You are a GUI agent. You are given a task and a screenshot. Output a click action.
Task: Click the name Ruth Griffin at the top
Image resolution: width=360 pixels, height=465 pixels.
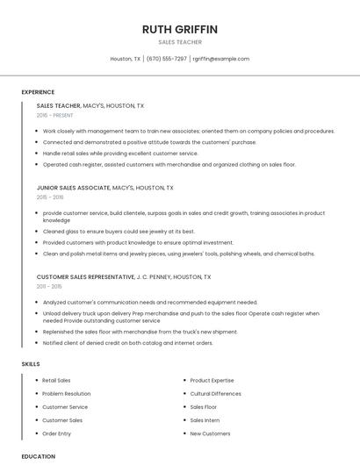pyautogui.click(x=179, y=29)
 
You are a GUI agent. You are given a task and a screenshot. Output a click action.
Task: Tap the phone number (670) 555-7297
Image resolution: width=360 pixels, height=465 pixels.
pyautogui.click(x=167, y=59)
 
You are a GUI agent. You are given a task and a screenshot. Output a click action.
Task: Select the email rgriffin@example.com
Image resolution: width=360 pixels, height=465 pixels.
pyautogui.click(x=221, y=59)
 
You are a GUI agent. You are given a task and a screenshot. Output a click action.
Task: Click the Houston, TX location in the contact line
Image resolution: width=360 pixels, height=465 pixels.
pyautogui.click(x=126, y=59)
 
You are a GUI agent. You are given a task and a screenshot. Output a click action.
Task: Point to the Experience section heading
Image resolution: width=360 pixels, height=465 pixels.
pyautogui.click(x=38, y=92)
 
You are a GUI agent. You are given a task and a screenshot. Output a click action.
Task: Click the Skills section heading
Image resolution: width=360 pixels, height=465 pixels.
pyautogui.click(x=31, y=363)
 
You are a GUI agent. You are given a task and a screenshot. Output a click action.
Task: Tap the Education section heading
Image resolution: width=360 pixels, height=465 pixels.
pyautogui.click(x=38, y=456)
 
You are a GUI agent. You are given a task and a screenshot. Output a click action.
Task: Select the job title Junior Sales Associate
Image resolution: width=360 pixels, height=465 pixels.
pyautogui.click(x=74, y=188)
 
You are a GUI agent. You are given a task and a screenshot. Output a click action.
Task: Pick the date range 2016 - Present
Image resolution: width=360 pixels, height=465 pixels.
pyautogui.click(x=55, y=115)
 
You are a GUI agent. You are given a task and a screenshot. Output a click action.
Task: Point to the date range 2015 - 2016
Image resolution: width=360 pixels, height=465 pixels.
pyautogui.click(x=50, y=197)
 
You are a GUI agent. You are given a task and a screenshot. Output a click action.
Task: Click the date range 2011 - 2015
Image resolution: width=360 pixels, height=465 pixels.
pyautogui.click(x=49, y=286)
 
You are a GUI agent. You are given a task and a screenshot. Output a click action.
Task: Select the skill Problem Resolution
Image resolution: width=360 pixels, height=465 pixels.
pyautogui.click(x=67, y=394)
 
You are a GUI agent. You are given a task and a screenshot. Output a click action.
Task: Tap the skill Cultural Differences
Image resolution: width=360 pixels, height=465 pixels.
pyautogui.click(x=215, y=394)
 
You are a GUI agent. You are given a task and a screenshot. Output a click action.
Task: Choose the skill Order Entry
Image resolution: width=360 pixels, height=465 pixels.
pyautogui.click(x=57, y=433)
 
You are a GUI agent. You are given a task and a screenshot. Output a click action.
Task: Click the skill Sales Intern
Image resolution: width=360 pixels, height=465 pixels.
pyautogui.click(x=205, y=420)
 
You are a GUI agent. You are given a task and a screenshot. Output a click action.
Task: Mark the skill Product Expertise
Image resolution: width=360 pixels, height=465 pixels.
pyautogui.click(x=212, y=381)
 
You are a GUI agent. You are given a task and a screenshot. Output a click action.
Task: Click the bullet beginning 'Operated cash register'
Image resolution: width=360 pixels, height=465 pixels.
pyautogui.click(x=169, y=164)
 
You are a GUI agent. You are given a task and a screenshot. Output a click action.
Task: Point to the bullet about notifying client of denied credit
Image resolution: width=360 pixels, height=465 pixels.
pyautogui.click(x=127, y=343)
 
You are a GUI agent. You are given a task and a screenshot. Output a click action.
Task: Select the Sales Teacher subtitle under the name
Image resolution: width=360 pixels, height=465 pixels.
pyautogui.click(x=180, y=42)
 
